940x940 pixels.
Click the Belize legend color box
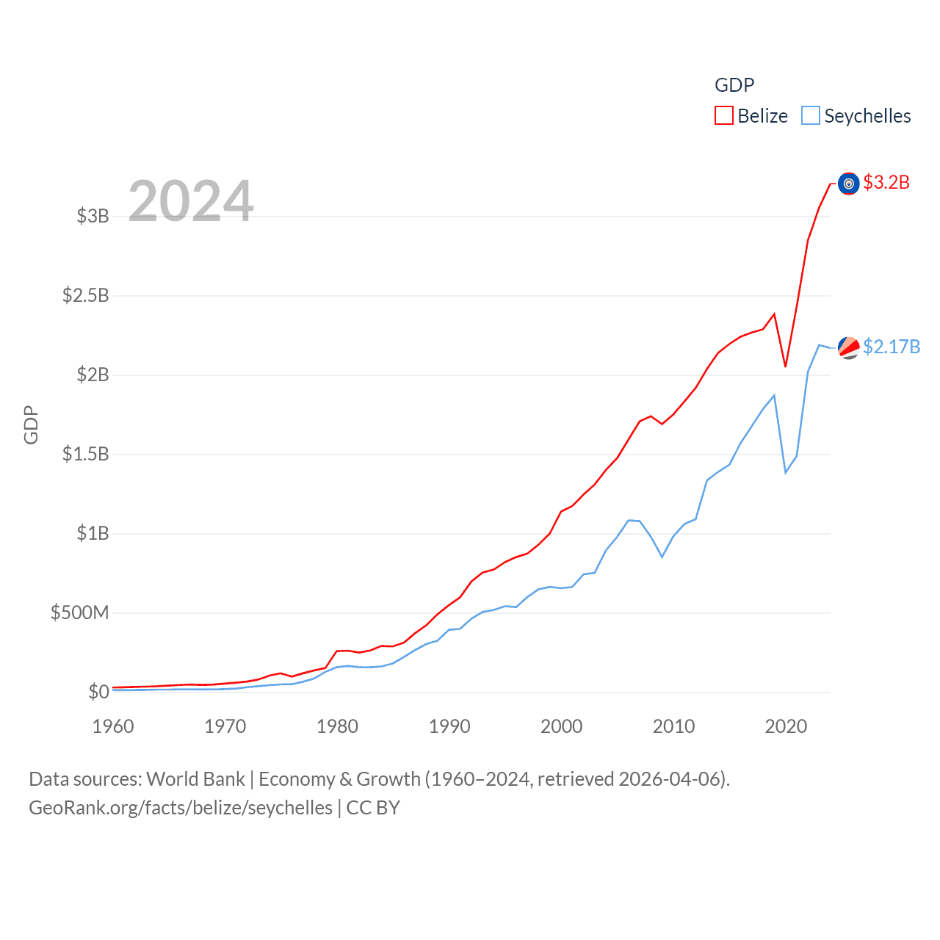click(x=724, y=116)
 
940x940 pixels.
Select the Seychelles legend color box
click(x=811, y=116)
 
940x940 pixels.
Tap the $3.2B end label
click(x=886, y=182)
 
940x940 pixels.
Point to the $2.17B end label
click(x=892, y=347)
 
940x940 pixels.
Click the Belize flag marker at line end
click(x=849, y=184)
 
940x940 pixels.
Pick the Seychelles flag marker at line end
click(x=849, y=347)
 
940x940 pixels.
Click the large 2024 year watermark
click(x=191, y=201)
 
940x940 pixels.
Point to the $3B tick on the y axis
click(x=93, y=216)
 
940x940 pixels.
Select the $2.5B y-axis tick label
click(x=85, y=295)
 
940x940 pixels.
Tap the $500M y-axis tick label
click(x=79, y=612)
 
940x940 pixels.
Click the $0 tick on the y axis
click(x=98, y=692)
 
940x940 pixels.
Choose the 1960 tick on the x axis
click(x=113, y=726)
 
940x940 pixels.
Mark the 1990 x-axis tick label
click(x=449, y=726)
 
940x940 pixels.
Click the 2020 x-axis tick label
click(x=786, y=726)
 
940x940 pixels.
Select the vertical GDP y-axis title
click(x=31, y=424)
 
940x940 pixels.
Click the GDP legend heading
click(x=734, y=85)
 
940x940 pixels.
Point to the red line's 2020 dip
click(x=785, y=366)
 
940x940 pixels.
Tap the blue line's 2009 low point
click(x=662, y=557)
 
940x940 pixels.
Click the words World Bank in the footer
click(x=195, y=778)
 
